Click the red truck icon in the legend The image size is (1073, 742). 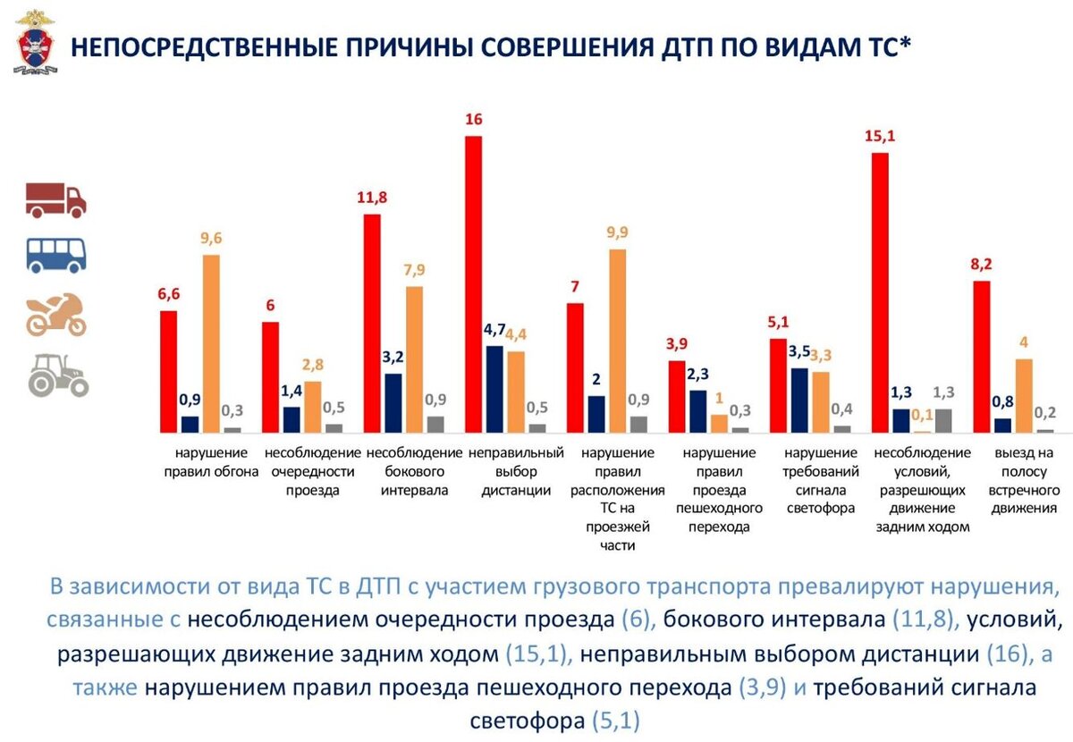click(55, 199)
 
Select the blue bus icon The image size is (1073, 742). click(56, 256)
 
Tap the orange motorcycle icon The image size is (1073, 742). click(56, 314)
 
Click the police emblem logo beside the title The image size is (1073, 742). click(35, 42)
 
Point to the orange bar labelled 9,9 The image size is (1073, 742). click(618, 341)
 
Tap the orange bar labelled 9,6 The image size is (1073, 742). click(211, 343)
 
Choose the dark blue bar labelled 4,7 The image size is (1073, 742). click(494, 389)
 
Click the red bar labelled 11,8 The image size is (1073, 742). click(372, 323)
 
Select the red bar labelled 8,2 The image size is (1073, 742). click(982, 357)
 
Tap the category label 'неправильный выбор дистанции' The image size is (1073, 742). click(515, 471)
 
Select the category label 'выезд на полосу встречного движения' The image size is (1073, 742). click(1024, 481)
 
